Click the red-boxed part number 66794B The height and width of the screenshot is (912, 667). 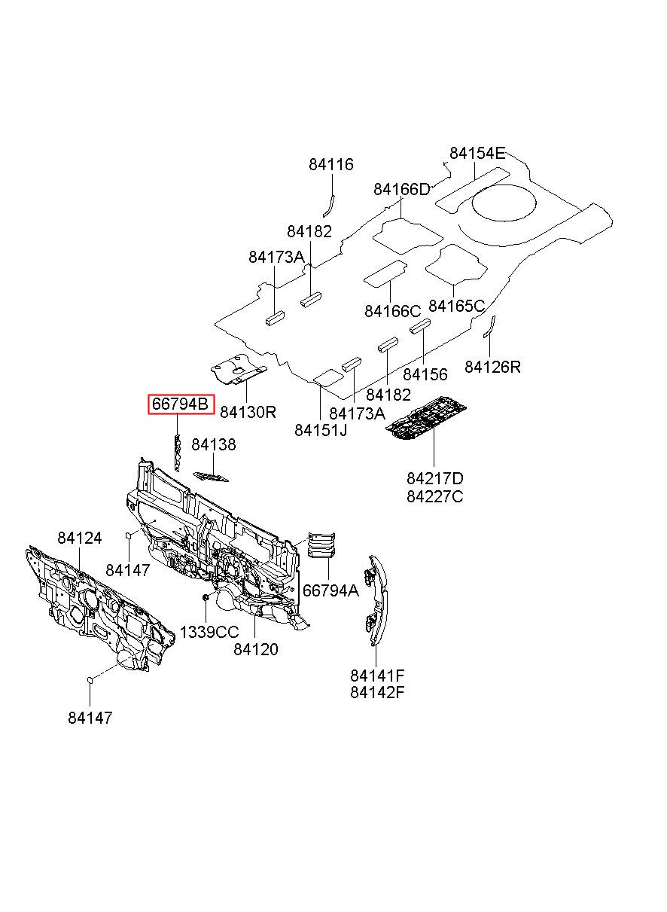pos(181,404)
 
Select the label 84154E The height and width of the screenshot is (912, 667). pos(477,153)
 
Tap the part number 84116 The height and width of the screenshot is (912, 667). pos(330,164)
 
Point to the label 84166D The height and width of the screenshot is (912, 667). pos(402,189)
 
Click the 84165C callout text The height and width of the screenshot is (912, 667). pos(457,305)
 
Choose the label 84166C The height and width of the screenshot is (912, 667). pos(392,311)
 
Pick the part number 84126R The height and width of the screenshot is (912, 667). pos(492,367)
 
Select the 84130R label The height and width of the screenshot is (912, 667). pos(248,412)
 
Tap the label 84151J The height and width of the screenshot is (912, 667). pos(321,430)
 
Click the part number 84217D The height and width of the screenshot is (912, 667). pos(434,478)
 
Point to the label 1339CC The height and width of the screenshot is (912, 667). pos(209,633)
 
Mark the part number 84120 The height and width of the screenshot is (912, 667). pos(255,649)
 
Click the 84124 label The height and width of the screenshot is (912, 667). pos(79,538)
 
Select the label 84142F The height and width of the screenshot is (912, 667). pos(377,693)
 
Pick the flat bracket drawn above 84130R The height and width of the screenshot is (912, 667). pos(239,369)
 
